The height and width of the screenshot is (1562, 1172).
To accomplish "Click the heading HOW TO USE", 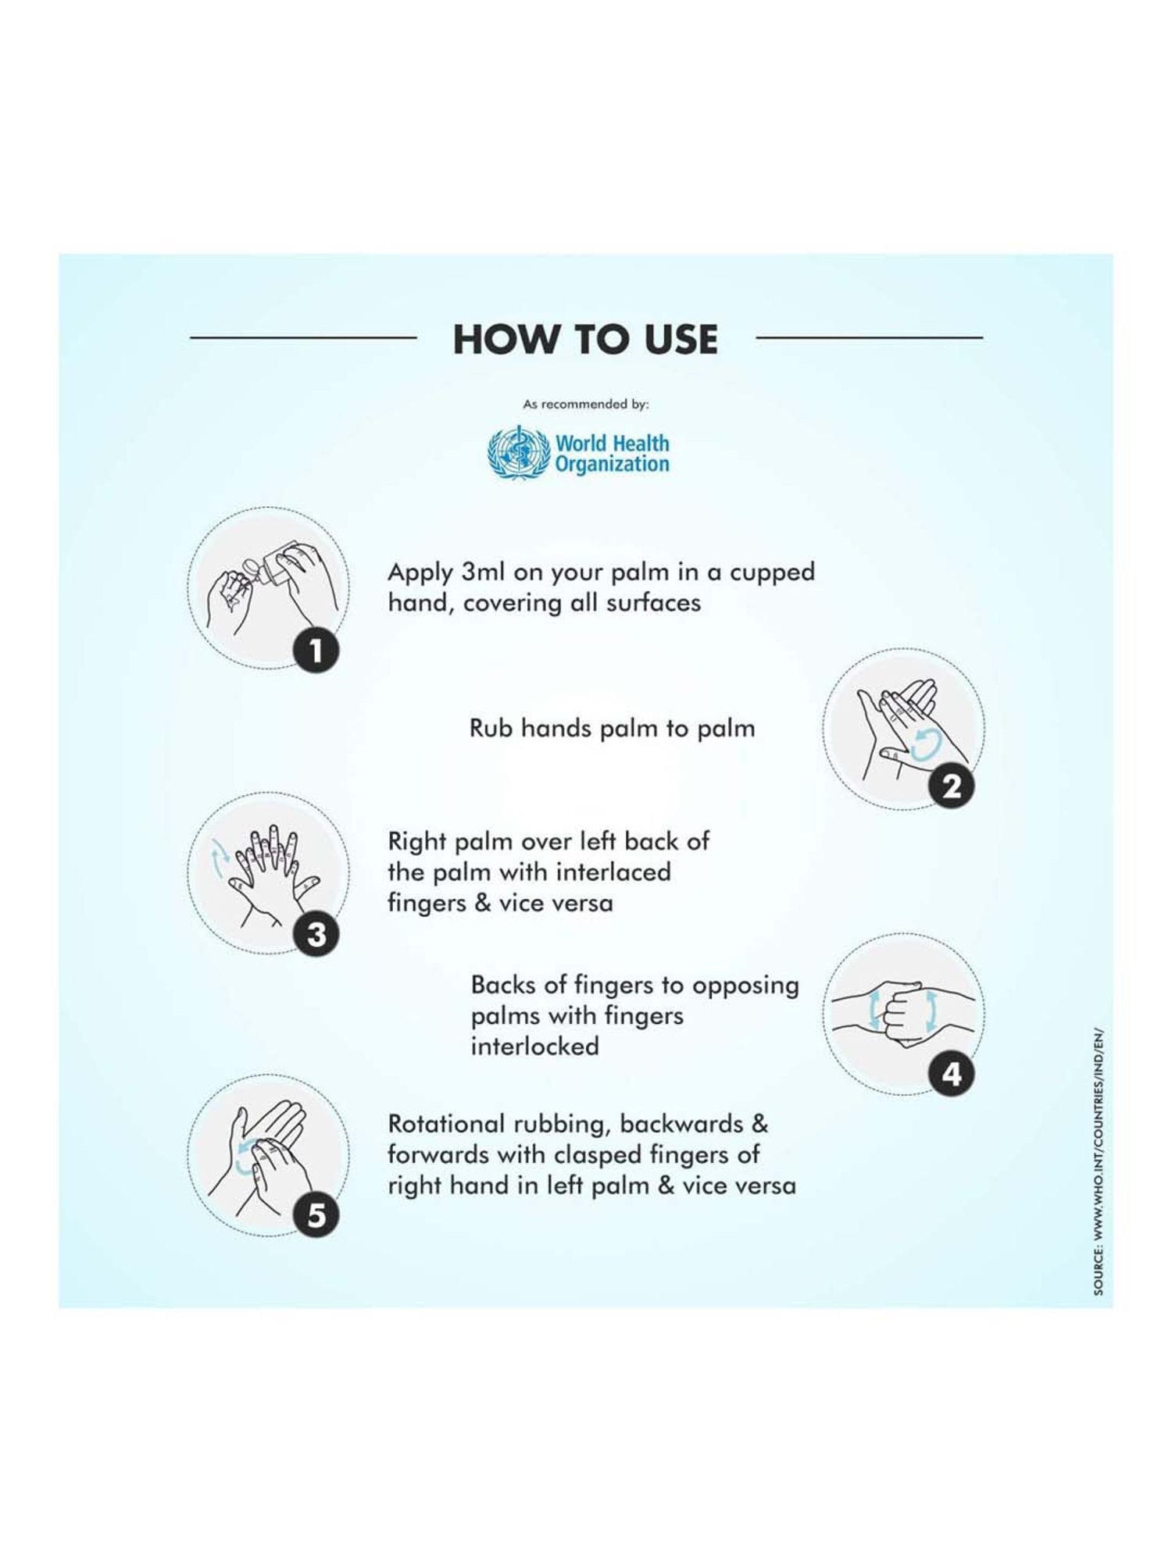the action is [585, 339].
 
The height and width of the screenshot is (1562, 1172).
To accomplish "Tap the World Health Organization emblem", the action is [519, 453].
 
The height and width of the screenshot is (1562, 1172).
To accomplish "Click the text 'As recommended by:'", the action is [586, 405].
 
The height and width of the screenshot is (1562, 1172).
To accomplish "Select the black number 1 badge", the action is [316, 650].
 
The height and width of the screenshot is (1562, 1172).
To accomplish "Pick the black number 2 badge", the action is [952, 786].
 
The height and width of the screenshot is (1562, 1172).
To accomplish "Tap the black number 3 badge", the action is [316, 934].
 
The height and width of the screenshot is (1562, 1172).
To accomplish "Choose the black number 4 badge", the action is [952, 1074].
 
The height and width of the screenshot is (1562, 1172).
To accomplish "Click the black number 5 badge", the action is [316, 1215].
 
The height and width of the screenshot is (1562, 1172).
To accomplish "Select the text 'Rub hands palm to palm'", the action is [613, 729].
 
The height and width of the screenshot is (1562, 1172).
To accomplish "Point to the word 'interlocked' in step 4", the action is [535, 1047].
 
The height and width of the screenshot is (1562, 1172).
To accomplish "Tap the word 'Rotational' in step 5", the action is [447, 1124].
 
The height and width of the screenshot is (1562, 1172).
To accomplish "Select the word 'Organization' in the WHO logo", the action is [613, 465].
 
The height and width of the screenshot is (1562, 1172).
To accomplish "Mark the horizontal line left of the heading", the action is [303, 338].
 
